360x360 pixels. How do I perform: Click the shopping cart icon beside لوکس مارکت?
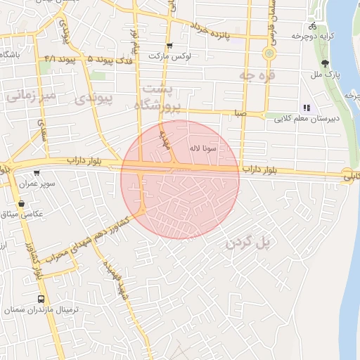pyautogui.click(x=169, y=46)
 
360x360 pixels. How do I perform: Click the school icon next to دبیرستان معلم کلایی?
pyautogui.click(x=306, y=108)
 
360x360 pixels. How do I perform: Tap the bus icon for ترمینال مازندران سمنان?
pyautogui.click(x=42, y=298)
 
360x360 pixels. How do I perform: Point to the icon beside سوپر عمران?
pyautogui.click(x=37, y=173)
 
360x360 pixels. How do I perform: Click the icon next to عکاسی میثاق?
pyautogui.click(x=22, y=203)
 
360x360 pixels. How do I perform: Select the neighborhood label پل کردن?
pyautogui.click(x=249, y=243)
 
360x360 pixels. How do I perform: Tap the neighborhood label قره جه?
pyautogui.click(x=257, y=75)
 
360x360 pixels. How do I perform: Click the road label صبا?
pyautogui.click(x=241, y=112)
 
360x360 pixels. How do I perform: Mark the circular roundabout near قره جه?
pyautogui.click(x=269, y=53)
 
